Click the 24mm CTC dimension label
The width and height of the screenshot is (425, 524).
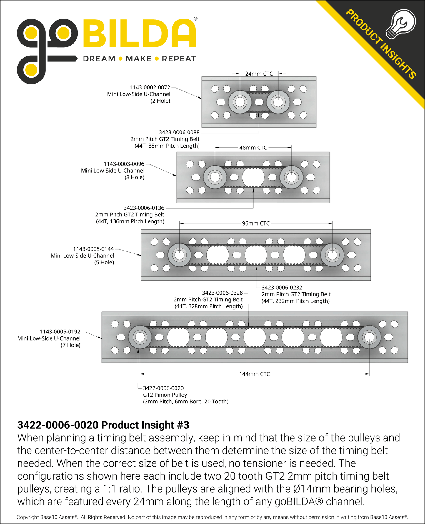click(259, 74)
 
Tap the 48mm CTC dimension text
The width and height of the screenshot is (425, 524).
click(253, 148)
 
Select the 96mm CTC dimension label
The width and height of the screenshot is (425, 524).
click(256, 223)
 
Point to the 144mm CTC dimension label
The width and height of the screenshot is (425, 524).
click(254, 374)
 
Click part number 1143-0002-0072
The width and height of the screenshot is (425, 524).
click(150, 87)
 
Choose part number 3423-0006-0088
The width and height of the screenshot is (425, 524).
click(179, 132)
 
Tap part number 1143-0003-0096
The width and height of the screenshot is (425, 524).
click(124, 164)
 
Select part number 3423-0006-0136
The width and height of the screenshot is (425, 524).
click(144, 208)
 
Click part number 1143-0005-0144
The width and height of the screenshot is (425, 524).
click(94, 249)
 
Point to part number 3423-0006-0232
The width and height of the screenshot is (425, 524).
click(282, 288)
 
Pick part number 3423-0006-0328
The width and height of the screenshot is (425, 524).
click(222, 293)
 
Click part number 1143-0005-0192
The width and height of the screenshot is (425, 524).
click(60, 332)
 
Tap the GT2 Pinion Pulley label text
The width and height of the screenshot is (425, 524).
click(165, 395)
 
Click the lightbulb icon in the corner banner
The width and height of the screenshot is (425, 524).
click(401, 24)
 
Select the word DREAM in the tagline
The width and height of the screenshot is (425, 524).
click(99, 59)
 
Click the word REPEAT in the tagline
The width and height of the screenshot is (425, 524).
click(179, 59)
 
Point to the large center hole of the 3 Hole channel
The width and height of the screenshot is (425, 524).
click(253, 177)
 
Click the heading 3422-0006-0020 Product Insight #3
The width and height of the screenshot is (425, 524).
click(103, 425)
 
